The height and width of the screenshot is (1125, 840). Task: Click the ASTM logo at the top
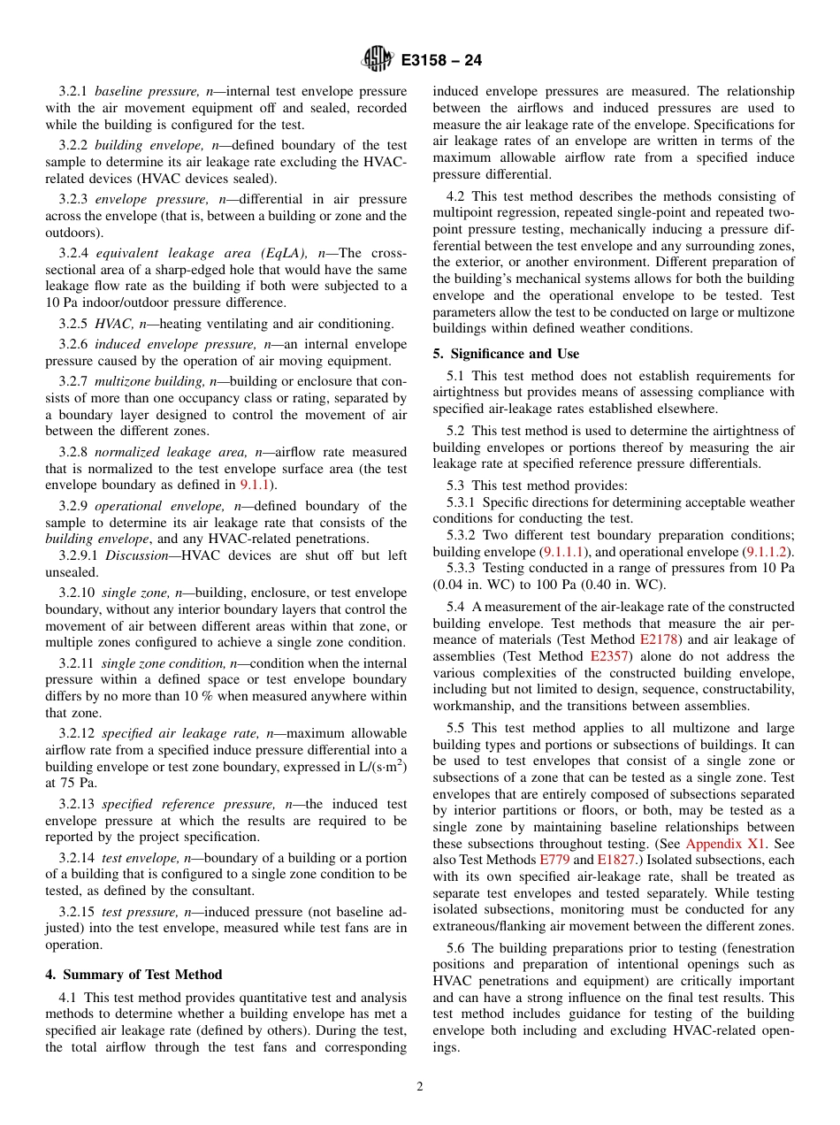pos(377,60)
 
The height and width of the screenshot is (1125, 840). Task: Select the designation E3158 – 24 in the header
pos(441,61)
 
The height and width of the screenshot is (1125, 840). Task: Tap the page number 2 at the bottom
pos(420,1087)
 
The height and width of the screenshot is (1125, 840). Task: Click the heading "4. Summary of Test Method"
pos(134,975)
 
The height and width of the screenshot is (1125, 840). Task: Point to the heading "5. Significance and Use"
pos(506,354)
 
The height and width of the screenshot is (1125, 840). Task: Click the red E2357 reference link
pos(608,656)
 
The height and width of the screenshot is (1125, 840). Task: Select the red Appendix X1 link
pos(726,844)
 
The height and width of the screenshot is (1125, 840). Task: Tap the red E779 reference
pos(554,860)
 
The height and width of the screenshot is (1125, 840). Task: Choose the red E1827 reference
pos(615,860)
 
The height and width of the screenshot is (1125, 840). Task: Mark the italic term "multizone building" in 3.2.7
pos(150,381)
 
